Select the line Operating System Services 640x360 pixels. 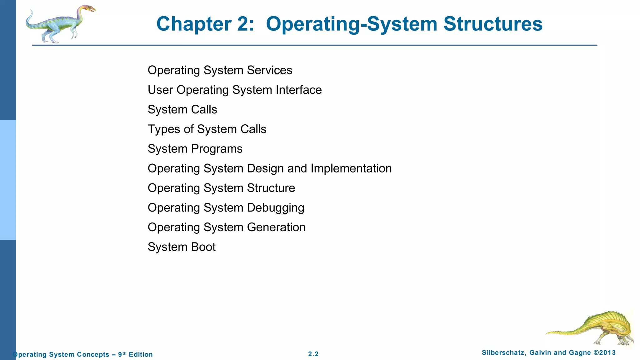220,70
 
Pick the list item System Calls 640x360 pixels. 182,110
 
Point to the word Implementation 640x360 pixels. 351,168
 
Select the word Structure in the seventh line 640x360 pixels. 271,188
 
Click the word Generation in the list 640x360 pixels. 276,227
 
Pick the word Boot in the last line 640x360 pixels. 203,247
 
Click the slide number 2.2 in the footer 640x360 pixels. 313,354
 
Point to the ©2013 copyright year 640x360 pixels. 604,353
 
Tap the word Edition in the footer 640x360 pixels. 141,354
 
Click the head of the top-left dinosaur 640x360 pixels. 87,8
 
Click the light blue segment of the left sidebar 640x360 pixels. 8,180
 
